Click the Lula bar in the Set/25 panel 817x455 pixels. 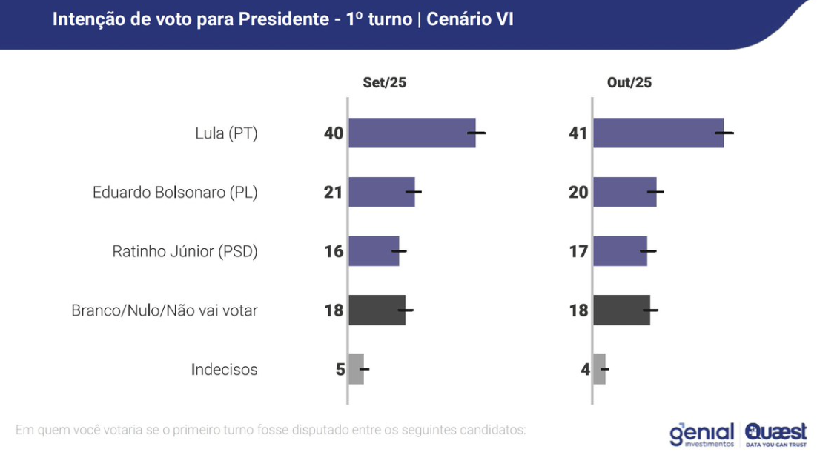[x=411, y=133]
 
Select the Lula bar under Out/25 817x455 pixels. [x=658, y=133]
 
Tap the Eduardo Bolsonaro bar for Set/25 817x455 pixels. [x=381, y=192]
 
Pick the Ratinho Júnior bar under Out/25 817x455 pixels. [x=620, y=251]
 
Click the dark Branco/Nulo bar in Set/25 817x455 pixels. [x=377, y=310]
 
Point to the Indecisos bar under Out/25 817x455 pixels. [x=599, y=369]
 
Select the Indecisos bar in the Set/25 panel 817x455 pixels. [x=356, y=369]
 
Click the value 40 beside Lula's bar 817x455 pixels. [x=334, y=133]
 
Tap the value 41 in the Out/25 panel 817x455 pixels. [x=578, y=133]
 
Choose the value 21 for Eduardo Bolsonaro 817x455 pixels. [x=334, y=193]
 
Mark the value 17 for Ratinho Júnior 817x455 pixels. [x=578, y=252]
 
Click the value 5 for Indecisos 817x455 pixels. [x=340, y=370]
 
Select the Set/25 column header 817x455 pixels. [x=384, y=83]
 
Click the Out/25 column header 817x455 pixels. [x=629, y=83]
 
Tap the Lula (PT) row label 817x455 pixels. [x=226, y=134]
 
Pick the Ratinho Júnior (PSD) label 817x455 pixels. [x=185, y=252]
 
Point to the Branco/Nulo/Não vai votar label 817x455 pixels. [x=165, y=310]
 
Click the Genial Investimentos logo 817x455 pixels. [x=701, y=434]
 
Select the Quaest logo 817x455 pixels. [x=776, y=434]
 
